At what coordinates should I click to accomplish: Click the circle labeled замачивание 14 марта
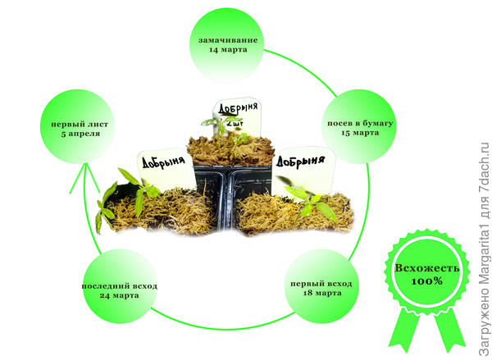pos(227,44)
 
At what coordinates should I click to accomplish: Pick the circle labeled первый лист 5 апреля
pos(75,126)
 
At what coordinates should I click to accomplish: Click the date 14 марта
pos(227,50)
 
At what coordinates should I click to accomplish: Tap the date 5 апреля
pos(75,133)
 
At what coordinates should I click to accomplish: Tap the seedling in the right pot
pos(308,199)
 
